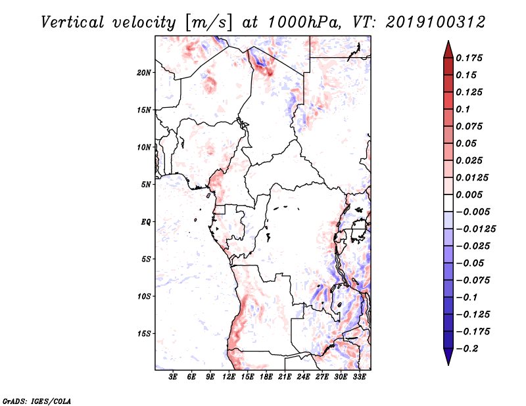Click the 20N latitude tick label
point(144,73)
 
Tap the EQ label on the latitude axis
point(146,222)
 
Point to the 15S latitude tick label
point(144,334)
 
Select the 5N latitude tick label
point(146,185)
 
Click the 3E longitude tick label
point(173,377)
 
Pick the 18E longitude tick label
point(266,377)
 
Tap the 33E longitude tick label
point(359,377)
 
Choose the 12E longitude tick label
point(229,377)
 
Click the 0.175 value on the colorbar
point(469,58)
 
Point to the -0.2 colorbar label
point(467,349)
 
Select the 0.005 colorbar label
point(469,194)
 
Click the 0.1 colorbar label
point(463,109)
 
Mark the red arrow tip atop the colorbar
point(448,41)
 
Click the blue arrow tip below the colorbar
point(448,364)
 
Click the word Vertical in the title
point(72,22)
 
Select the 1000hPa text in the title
point(304,22)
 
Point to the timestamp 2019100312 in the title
point(435,22)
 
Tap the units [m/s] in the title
point(208,23)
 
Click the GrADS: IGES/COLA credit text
point(37,401)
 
